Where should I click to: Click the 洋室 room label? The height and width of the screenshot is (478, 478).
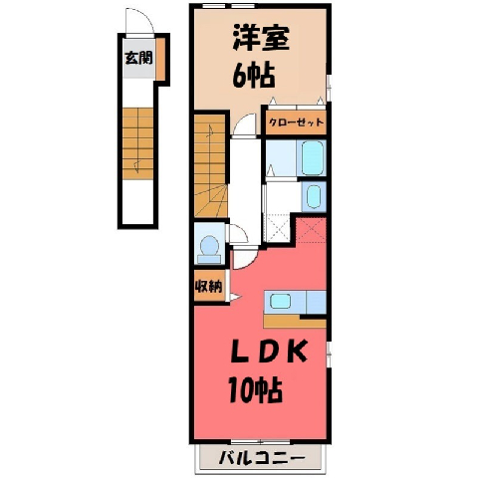(261, 38)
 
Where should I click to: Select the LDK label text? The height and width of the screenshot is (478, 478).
(269, 353)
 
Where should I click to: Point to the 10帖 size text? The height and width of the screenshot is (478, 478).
(255, 389)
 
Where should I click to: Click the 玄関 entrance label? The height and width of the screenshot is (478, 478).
(138, 58)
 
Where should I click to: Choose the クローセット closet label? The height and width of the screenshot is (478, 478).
(296, 122)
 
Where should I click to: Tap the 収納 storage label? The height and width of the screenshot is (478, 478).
(209, 286)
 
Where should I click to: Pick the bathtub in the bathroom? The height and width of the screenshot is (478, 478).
(313, 158)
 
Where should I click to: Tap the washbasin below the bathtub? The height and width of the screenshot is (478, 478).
(314, 196)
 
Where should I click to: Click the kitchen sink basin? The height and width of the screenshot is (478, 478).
(281, 301)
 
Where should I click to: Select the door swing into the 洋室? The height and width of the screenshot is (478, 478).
(245, 122)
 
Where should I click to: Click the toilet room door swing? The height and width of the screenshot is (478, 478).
(239, 233)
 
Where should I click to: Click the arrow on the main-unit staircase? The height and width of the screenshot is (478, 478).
(210, 131)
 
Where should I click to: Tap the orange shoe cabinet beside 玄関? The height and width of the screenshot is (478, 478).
(160, 59)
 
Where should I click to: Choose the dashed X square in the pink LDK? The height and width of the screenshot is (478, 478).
(311, 230)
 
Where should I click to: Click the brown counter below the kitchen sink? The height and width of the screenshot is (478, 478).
(295, 322)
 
